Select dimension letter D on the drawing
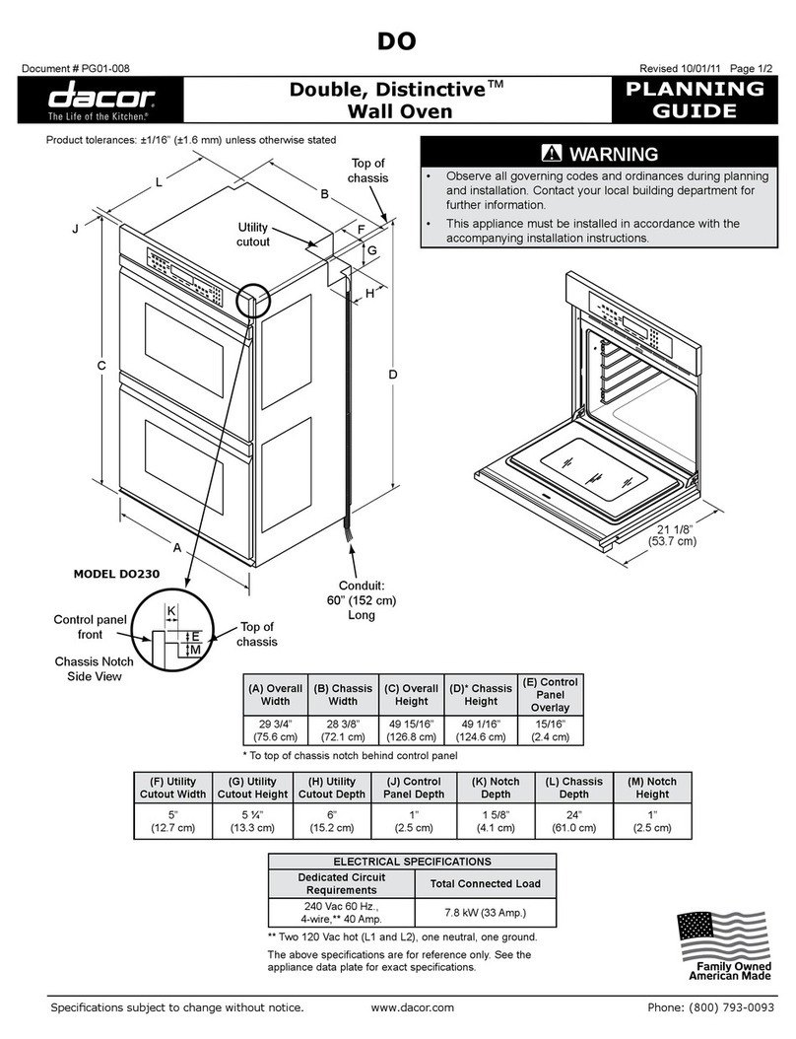pos(392,375)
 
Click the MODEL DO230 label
pos(118,574)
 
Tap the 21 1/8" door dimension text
pos(673,534)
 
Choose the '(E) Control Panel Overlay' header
pos(551,694)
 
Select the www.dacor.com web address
pos(413,1007)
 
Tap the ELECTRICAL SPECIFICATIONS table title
pos(406,861)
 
